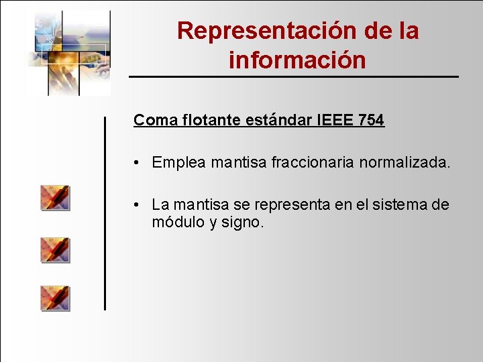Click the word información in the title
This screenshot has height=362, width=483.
(x=297, y=60)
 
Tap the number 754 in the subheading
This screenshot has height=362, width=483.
(x=371, y=121)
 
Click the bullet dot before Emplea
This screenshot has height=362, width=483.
(x=136, y=163)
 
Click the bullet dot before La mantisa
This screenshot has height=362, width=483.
(x=136, y=205)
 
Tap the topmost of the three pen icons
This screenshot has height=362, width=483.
(x=55, y=198)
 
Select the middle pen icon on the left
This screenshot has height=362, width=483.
(x=55, y=249)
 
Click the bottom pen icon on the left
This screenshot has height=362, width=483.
(x=55, y=298)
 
